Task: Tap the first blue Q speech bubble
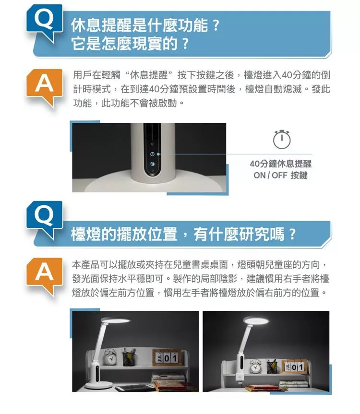click(44, 23)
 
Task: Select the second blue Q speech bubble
click(44, 220)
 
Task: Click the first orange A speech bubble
click(44, 87)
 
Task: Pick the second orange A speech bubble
click(44, 276)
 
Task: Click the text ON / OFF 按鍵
click(280, 175)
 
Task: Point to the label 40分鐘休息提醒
click(280, 164)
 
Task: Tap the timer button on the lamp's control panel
click(152, 154)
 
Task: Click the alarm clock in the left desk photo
click(109, 357)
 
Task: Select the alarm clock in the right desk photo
click(255, 366)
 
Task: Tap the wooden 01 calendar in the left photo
click(168, 358)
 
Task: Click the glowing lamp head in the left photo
click(116, 321)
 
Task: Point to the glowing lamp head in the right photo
click(256, 321)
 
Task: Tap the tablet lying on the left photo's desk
click(135, 388)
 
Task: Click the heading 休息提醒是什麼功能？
click(145, 25)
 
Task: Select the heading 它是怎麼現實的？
click(130, 44)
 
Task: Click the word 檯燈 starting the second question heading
click(86, 234)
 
